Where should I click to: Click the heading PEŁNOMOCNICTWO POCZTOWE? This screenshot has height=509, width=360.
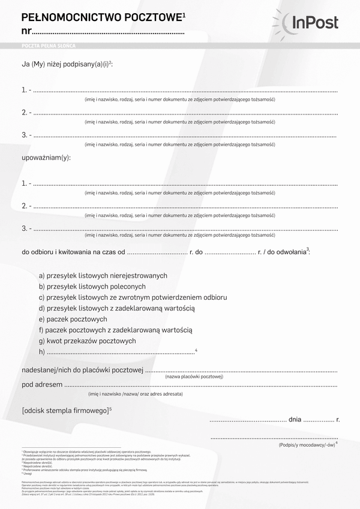102,17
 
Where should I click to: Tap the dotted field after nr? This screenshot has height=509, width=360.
108,32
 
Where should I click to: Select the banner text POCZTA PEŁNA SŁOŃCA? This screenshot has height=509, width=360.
48,46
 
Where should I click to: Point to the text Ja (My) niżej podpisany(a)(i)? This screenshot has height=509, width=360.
66,64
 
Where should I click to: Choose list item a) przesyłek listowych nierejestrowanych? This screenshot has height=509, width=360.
103,275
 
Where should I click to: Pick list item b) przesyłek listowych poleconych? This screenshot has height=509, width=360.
92,287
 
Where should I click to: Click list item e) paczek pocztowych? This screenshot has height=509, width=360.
73,319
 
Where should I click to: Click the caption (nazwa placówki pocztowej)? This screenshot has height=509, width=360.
194,377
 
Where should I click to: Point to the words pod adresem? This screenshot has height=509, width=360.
42,384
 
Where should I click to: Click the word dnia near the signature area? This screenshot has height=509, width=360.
295,420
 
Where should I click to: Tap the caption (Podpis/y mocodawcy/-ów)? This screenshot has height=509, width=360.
306,445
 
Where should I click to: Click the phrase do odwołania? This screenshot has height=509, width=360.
286,252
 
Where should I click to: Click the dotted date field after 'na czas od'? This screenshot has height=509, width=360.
157,252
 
